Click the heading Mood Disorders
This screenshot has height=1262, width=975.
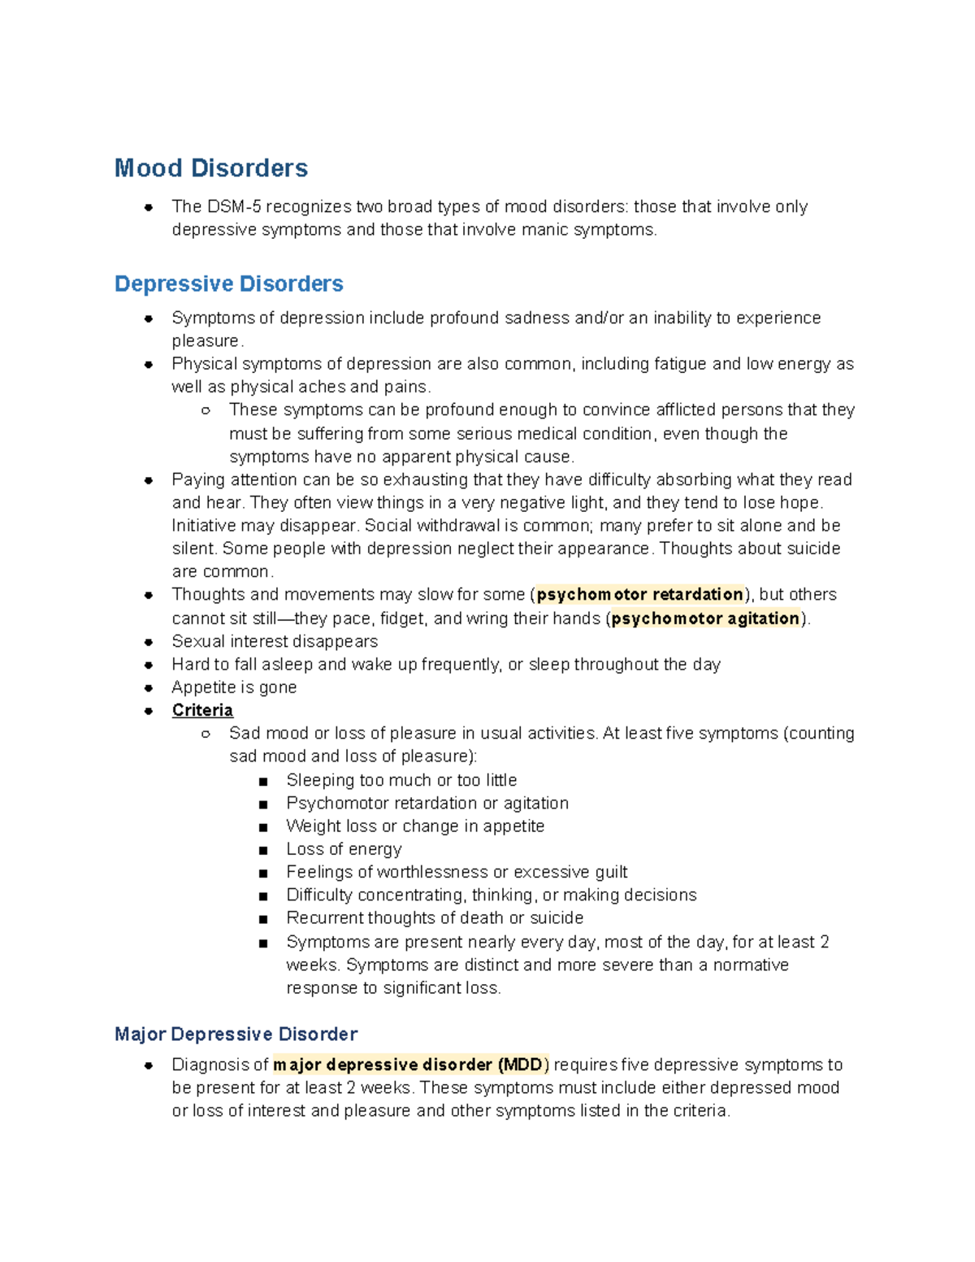210,168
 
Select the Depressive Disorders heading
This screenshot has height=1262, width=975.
228,284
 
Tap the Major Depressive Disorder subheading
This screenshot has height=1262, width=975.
236,1034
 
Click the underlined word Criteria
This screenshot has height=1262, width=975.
202,710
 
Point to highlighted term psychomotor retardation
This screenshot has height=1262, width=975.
639,594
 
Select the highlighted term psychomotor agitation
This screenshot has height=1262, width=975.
705,618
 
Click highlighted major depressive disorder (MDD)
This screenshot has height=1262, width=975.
411,1065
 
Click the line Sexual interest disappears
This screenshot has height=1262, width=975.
275,641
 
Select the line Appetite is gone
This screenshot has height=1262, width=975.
234,687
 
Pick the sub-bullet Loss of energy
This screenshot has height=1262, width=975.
344,849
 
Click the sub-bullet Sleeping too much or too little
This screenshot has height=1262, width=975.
401,780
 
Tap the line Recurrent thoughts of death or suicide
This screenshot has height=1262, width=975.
435,918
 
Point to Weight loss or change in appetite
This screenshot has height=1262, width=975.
415,826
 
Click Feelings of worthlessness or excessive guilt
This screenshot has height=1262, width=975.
457,872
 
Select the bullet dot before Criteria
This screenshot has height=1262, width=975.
149,711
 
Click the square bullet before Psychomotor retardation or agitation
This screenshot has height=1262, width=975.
262,804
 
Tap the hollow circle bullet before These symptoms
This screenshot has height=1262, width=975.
206,410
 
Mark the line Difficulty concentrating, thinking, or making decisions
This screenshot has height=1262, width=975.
491,895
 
